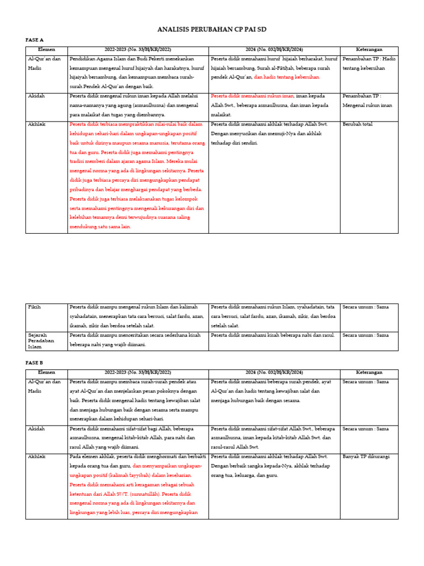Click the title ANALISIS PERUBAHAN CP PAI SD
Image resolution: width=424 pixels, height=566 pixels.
click(x=212, y=29)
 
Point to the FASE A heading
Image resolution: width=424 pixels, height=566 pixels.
click(x=34, y=40)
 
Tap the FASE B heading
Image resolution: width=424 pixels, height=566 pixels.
click(x=34, y=363)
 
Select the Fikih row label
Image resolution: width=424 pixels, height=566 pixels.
click(x=34, y=307)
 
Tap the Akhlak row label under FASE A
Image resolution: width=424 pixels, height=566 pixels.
click(x=36, y=125)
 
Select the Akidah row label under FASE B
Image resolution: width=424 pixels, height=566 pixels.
click(x=36, y=428)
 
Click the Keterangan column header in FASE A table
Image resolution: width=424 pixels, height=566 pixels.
click(x=368, y=50)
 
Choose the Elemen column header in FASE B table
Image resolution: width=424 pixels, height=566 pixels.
click(x=46, y=373)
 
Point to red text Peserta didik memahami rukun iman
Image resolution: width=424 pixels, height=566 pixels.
click(x=246, y=96)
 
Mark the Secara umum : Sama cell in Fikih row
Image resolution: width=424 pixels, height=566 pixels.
click(x=365, y=307)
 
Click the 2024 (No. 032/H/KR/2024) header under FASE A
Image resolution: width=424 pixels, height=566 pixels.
click(x=274, y=50)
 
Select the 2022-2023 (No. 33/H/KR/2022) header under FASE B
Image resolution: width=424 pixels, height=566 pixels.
click(x=138, y=373)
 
